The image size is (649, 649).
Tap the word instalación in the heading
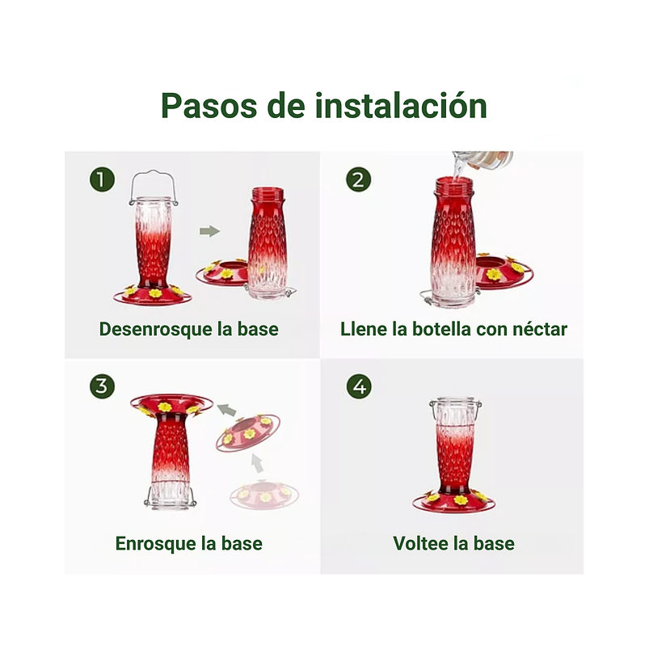tap(401, 106)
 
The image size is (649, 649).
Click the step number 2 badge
tap(358, 179)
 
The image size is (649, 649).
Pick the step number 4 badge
tap(358, 386)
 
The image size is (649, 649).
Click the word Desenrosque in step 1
tap(148, 330)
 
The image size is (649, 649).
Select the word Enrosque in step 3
tap(154, 543)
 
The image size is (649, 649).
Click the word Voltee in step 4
tap(421, 543)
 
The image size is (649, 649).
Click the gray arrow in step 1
tap(209, 231)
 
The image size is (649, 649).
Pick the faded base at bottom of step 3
tap(264, 495)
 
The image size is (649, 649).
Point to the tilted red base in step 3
tap(248, 434)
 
